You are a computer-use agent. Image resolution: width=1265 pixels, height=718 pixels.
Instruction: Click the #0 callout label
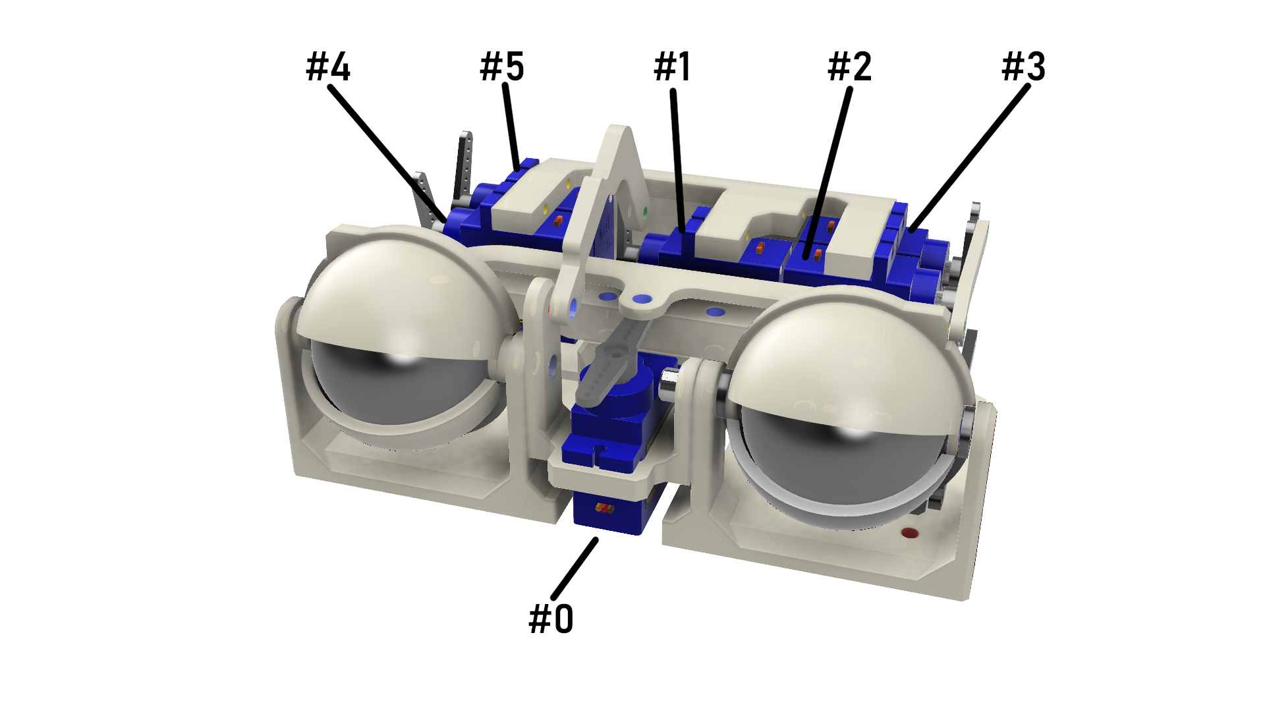551,619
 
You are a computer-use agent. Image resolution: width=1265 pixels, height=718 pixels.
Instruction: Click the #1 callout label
672,67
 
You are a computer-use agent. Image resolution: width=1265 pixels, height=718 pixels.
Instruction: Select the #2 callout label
849,67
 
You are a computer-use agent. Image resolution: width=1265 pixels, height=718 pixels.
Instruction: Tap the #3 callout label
1023,67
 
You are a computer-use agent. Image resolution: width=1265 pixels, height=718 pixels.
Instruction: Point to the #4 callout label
328,67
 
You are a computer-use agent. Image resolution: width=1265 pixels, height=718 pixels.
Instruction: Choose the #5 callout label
502,67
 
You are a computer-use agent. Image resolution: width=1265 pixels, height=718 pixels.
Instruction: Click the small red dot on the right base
909,533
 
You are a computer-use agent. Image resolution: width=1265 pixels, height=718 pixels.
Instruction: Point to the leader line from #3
969,158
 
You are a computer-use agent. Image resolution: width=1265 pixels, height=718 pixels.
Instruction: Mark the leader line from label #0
575,568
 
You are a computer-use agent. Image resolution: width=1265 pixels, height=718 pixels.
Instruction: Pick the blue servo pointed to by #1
679,250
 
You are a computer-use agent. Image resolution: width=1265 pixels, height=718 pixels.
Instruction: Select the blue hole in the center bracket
642,299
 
